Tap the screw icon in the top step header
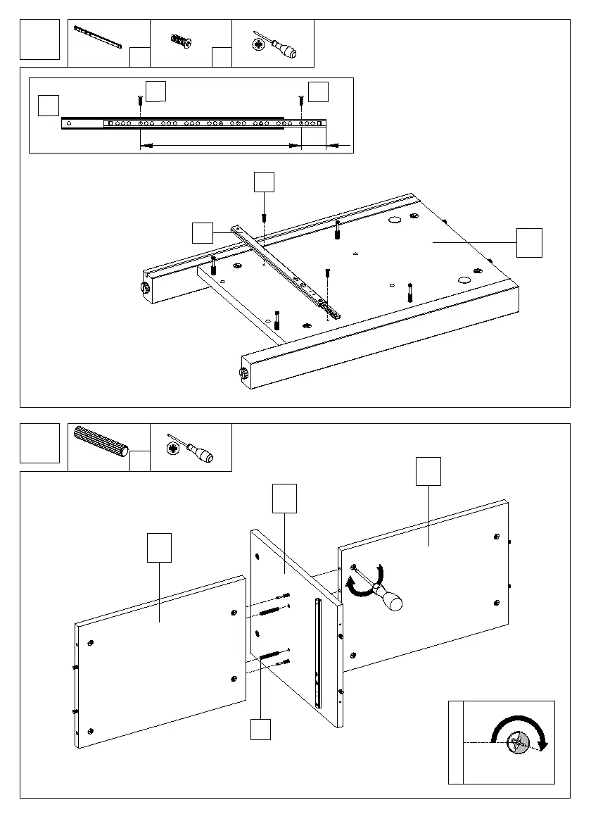point(181,42)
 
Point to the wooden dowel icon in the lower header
point(101,442)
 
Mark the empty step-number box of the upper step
point(39,39)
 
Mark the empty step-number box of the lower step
point(39,443)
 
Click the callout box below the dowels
point(260,729)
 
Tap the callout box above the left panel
point(159,548)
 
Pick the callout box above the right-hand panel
point(428,470)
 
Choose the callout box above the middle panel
point(284,498)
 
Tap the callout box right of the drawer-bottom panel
point(529,242)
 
